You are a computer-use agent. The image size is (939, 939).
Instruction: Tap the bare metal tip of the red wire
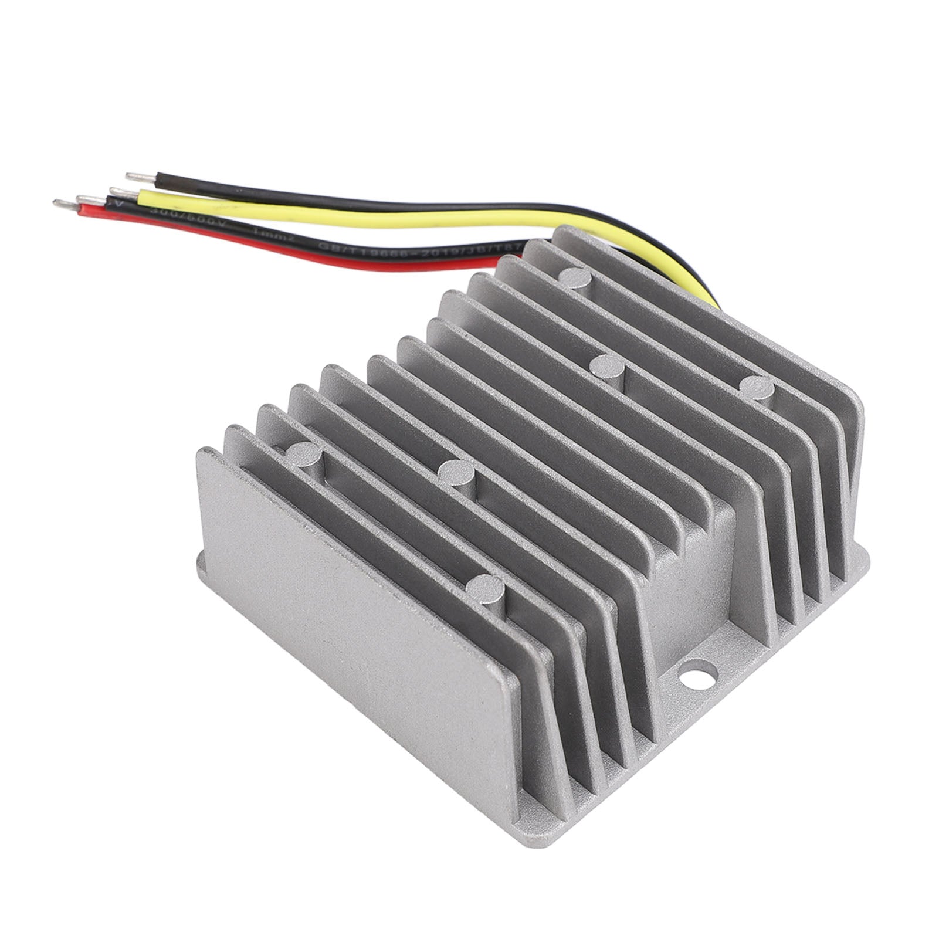coord(62,205)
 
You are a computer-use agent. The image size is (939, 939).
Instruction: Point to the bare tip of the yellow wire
coord(117,192)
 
